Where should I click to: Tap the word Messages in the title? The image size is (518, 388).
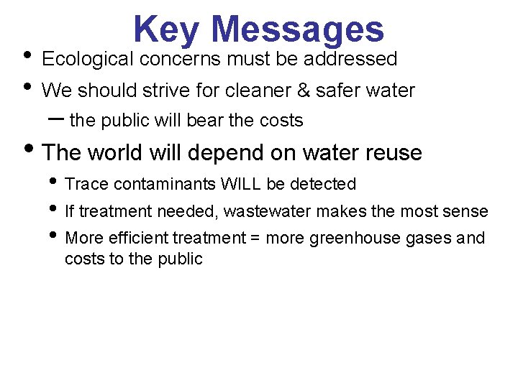point(299,30)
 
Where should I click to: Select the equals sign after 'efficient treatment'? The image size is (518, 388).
point(255,238)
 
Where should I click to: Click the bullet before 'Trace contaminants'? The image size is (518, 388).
point(54,183)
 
